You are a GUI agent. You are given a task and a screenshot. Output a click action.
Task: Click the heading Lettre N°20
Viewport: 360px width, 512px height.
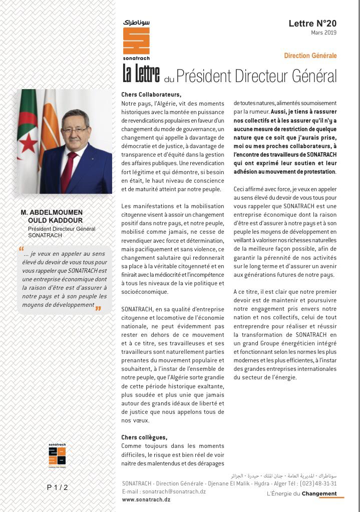coord(312,24)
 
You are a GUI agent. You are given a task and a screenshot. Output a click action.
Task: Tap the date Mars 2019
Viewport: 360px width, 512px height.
coord(323,33)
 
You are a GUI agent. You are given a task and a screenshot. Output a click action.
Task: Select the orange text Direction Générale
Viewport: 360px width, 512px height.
coord(310,56)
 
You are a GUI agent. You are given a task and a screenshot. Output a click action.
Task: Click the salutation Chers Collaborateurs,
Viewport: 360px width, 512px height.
coord(151,95)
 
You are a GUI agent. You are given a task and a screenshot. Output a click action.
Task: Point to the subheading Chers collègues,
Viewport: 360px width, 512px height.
coord(144,437)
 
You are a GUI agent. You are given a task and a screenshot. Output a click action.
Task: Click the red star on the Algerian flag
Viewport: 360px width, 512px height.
coord(29,143)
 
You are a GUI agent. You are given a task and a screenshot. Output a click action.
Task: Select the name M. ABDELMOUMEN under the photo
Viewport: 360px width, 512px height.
coord(52,213)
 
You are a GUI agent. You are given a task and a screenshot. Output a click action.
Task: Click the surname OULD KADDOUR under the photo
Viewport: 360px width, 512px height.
coord(55,221)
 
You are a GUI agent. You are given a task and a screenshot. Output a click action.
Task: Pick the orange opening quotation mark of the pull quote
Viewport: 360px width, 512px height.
coord(21,249)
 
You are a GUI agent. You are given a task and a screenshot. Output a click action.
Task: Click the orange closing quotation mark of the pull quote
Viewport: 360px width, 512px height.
coord(98,308)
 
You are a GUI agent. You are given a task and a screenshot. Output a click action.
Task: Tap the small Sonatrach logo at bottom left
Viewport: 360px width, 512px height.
coord(57,455)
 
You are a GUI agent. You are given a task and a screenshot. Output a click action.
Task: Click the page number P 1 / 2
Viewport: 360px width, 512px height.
coord(57,487)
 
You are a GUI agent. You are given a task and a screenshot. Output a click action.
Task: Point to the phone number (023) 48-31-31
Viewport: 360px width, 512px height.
coord(318,483)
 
